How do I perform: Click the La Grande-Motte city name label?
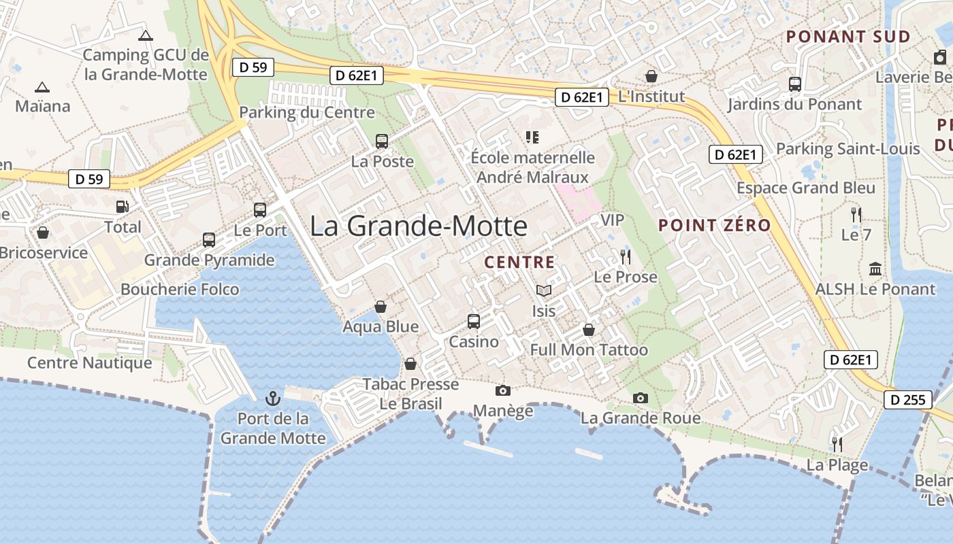pyautogui.click(x=418, y=226)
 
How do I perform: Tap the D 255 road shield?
pyautogui.click(x=909, y=400)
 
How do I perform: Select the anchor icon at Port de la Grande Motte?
pyautogui.click(x=273, y=397)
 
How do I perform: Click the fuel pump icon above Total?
pyautogui.click(x=123, y=206)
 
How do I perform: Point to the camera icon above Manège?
pyautogui.click(x=503, y=390)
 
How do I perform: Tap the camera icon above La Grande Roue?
pyautogui.click(x=641, y=398)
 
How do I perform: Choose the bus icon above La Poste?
pyautogui.click(x=382, y=141)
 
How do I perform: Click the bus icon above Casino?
pyautogui.click(x=474, y=321)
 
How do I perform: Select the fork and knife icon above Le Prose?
pyautogui.click(x=626, y=256)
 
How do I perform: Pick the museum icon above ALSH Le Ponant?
pyautogui.click(x=875, y=269)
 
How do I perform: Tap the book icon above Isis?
pyautogui.click(x=543, y=291)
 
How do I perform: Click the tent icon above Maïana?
pyautogui.click(x=42, y=87)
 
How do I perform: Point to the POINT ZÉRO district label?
pyautogui.click(x=715, y=225)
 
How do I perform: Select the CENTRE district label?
pyautogui.click(x=519, y=262)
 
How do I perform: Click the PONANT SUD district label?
pyautogui.click(x=848, y=37)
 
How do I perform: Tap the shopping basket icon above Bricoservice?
pyautogui.click(x=43, y=233)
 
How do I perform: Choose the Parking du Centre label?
pyautogui.click(x=307, y=112)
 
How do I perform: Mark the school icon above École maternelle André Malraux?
pyautogui.click(x=532, y=137)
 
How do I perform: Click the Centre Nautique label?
pyautogui.click(x=90, y=363)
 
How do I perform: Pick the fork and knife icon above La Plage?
pyautogui.click(x=837, y=444)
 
